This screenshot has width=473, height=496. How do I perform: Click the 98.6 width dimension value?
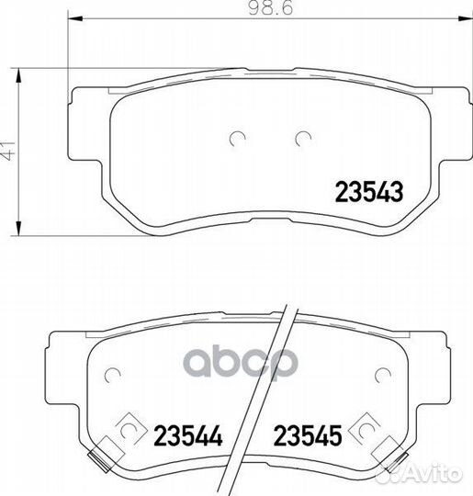click(x=271, y=8)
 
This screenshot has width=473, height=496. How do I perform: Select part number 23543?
click(x=369, y=192)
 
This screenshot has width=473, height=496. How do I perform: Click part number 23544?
click(x=188, y=435)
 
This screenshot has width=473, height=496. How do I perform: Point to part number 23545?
click(x=308, y=435)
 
